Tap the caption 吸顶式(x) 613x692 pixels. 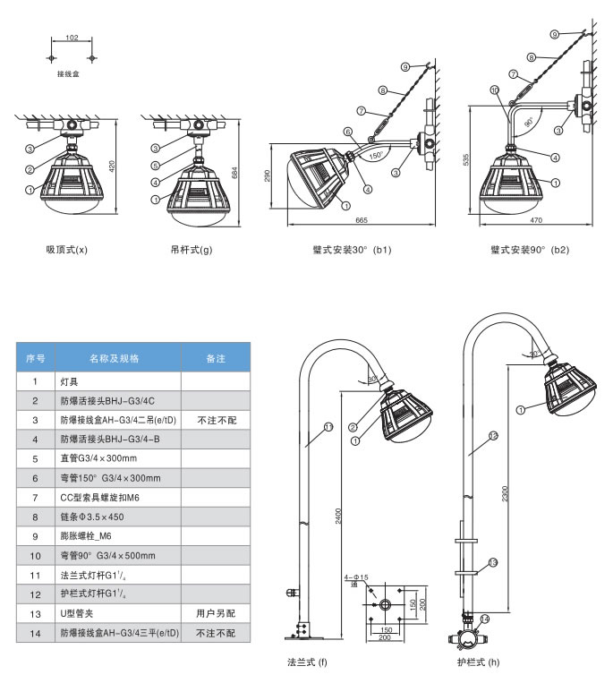(67, 250)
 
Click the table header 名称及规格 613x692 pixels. (115, 358)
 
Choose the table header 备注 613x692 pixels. (215, 358)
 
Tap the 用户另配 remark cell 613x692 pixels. (215, 613)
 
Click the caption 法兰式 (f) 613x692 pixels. (307, 663)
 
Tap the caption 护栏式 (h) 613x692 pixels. (477, 663)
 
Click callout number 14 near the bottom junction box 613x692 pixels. (485, 619)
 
